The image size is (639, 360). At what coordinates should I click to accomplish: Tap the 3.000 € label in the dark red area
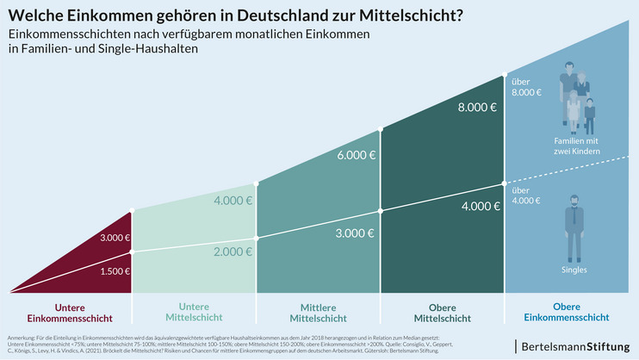coord(115,238)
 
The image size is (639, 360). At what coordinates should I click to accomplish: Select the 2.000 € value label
coord(233,251)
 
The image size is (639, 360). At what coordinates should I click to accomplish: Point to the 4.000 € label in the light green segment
coord(233,201)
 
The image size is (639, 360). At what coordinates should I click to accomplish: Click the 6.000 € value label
coord(355,155)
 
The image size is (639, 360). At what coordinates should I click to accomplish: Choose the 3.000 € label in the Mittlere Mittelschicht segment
coord(355,233)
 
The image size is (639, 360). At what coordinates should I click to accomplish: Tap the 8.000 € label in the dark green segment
coord(477,108)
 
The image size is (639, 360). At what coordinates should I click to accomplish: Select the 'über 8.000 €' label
coord(526,86)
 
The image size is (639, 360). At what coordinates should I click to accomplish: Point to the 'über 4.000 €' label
coord(526,196)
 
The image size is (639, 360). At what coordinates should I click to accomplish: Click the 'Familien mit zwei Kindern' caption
coord(577,145)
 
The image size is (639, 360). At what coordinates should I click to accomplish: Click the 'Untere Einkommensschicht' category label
coord(70,312)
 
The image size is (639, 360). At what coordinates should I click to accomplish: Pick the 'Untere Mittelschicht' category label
coord(194,312)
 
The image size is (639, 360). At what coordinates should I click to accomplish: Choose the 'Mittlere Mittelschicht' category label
coord(318,312)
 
